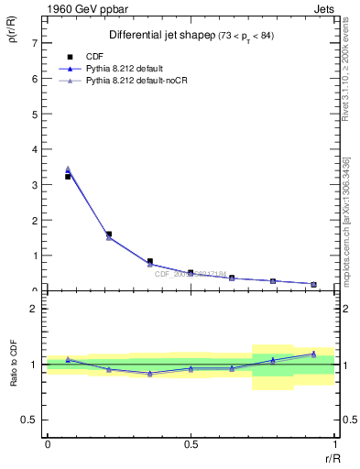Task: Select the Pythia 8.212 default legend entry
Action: pos(123,69)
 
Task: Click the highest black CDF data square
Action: pos(68,176)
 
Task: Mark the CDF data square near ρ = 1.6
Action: pos(109,234)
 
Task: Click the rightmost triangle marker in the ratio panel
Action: pos(313,354)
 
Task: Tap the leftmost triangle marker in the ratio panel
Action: pos(68,359)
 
